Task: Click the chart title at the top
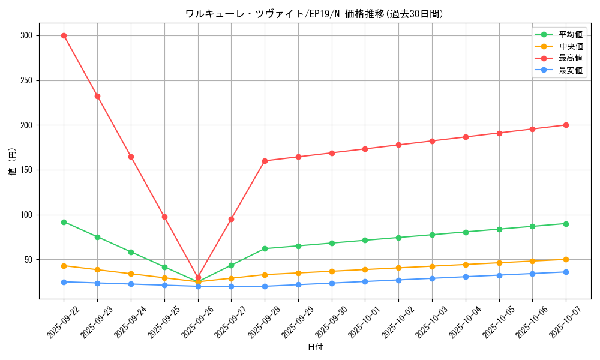click(315, 14)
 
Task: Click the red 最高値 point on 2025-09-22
click(64, 35)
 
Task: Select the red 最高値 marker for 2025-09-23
click(97, 96)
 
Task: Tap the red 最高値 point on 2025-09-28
click(265, 161)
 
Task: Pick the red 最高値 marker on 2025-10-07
click(566, 125)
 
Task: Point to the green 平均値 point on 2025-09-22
click(64, 222)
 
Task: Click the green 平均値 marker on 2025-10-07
click(566, 224)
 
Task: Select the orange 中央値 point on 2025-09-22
click(64, 266)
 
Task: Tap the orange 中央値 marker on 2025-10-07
click(566, 259)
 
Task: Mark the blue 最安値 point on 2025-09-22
click(64, 282)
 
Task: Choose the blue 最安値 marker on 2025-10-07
click(566, 272)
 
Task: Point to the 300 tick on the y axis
click(26, 35)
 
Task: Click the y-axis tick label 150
click(26, 170)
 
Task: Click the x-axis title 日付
click(315, 347)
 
